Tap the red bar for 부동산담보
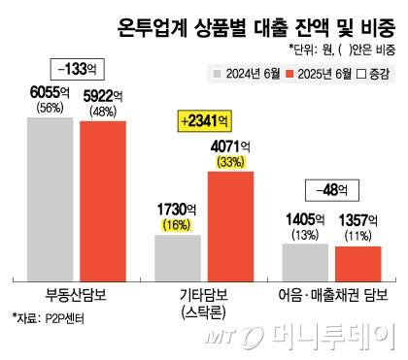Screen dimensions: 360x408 pyautogui.click(x=102, y=199)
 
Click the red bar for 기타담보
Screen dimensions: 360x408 pyautogui.click(x=230, y=222)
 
